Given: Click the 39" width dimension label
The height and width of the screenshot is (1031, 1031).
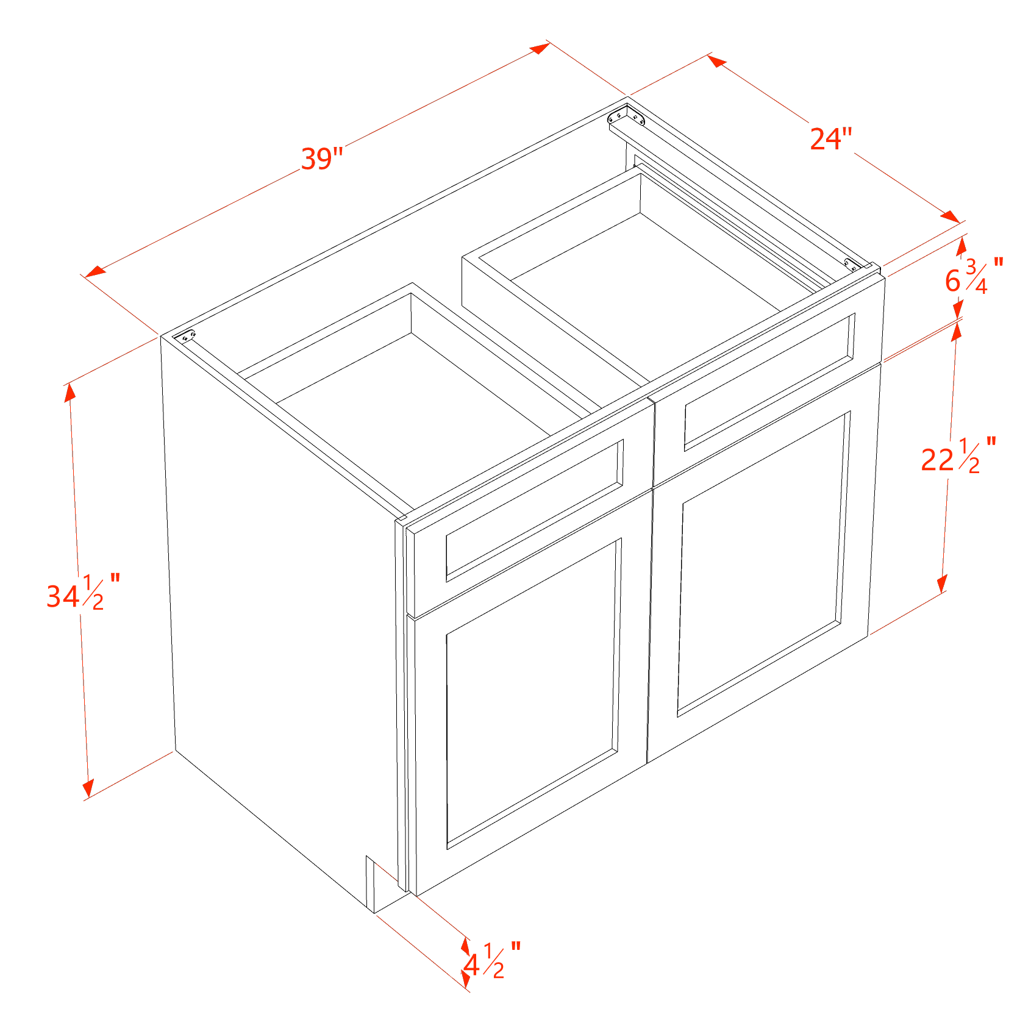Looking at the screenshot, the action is [322, 159].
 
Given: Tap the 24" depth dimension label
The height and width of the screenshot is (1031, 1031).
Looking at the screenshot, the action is [830, 138].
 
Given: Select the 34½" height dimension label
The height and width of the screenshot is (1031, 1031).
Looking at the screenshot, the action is [84, 592].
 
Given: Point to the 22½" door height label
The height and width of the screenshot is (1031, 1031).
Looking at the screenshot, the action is [958, 455].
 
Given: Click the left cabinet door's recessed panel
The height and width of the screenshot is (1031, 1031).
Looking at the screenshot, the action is [533, 694].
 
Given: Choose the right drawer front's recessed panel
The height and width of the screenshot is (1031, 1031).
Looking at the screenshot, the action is [769, 382].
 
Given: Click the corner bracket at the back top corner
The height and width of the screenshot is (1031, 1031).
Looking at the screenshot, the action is [627, 115].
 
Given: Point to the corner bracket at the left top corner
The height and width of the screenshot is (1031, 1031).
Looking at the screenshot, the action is [184, 336].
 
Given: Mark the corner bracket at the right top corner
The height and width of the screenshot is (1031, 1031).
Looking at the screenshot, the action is [852, 264].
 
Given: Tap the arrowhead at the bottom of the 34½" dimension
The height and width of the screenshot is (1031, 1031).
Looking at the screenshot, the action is [88, 788].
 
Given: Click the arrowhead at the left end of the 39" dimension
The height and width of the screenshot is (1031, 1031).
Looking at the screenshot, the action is [95, 271].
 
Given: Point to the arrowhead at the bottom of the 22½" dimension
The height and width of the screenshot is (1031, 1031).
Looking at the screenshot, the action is [942, 583].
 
